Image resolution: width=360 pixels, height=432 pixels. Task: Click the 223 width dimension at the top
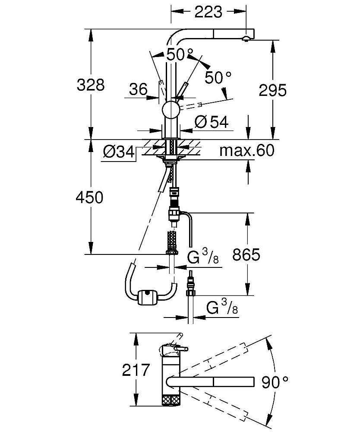[x=208, y=12]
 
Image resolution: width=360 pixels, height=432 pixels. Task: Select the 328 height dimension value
[x=91, y=85]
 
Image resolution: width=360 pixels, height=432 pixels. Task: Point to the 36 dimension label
[x=138, y=89]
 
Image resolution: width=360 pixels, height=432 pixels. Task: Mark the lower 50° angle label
[x=218, y=78]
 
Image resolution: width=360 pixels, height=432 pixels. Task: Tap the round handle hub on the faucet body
[x=171, y=110]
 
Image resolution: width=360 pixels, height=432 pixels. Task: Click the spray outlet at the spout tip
[x=246, y=38]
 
